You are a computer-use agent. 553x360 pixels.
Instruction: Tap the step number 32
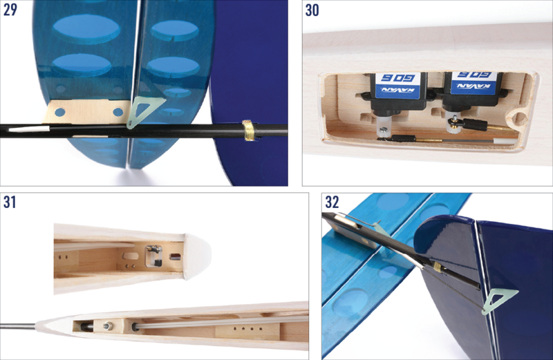(x=332, y=203)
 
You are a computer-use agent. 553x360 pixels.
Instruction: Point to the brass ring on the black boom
(x=247, y=129)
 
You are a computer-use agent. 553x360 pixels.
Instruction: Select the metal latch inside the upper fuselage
(x=153, y=255)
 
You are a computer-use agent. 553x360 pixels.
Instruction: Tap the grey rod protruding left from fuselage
(x=17, y=325)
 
